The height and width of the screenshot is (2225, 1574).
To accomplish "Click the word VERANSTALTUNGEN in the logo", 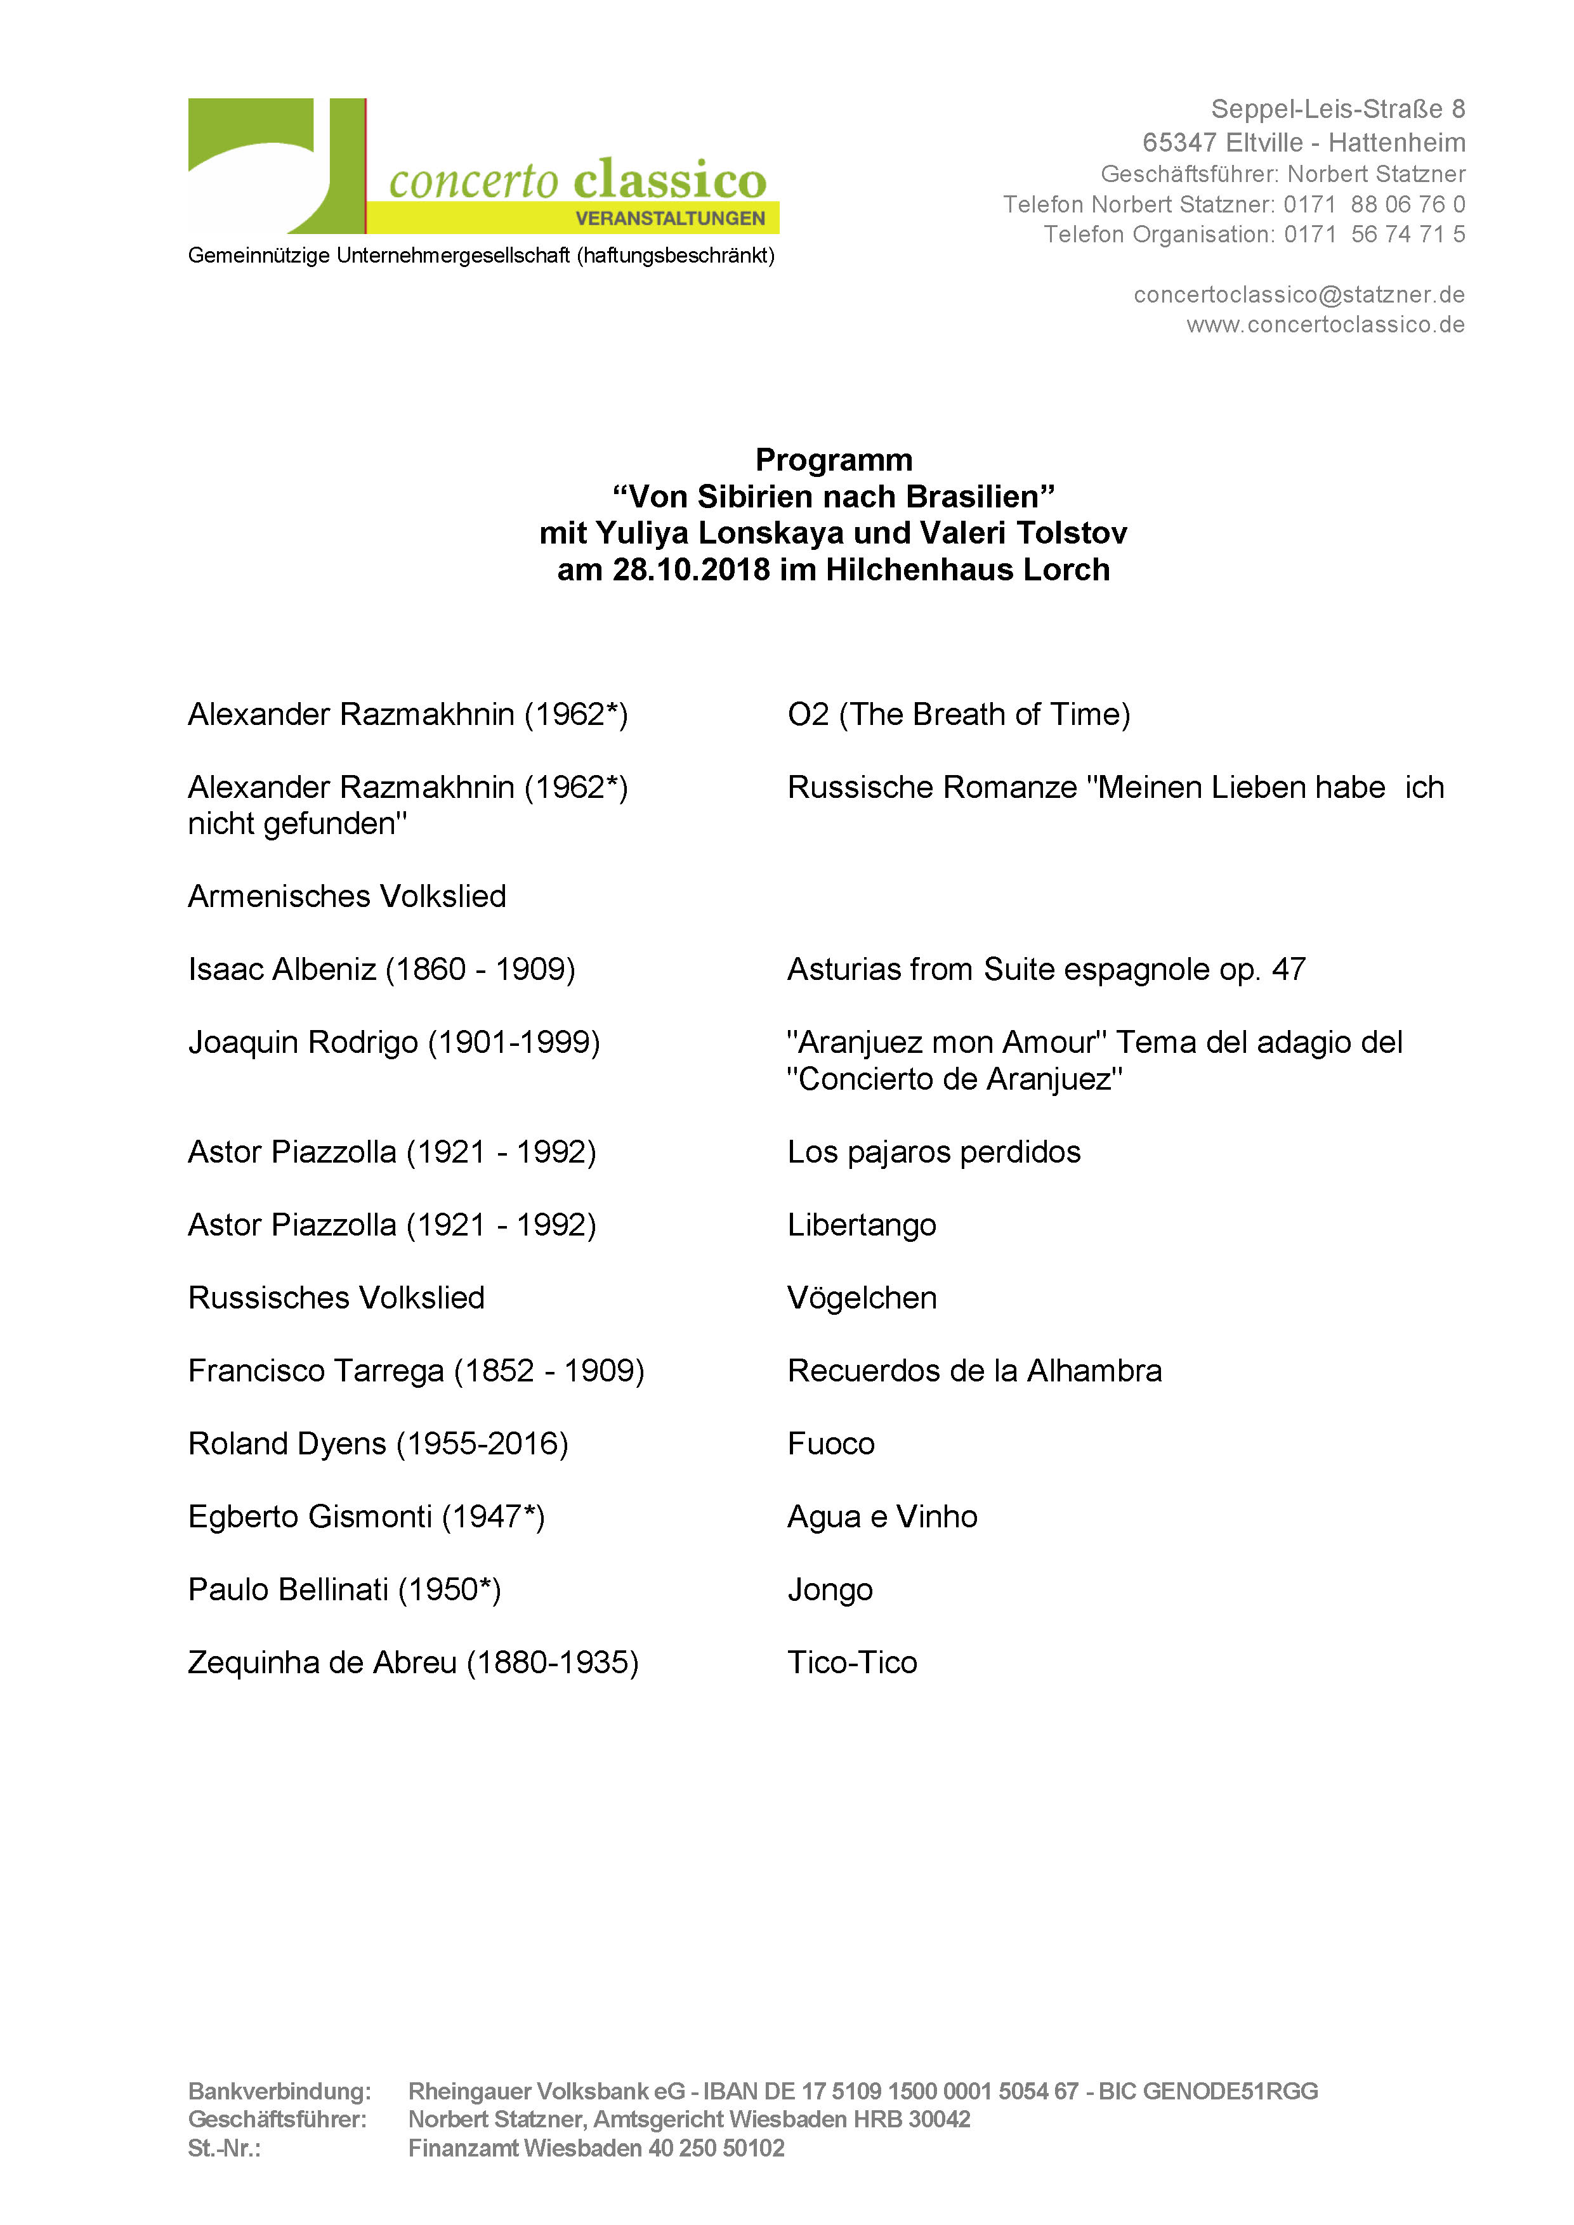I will (670, 218).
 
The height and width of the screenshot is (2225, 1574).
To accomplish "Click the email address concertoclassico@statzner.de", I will (1299, 294).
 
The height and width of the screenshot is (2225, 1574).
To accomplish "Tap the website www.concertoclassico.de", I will (1325, 325).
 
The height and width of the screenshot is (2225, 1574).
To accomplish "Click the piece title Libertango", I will (862, 1225).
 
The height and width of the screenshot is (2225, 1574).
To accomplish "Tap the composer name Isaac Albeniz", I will (281, 969).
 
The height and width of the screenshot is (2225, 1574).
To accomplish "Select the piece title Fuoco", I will (830, 1444).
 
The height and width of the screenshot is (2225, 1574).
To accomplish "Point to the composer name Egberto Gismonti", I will (309, 1517).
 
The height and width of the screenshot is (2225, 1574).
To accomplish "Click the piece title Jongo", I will (830, 1590).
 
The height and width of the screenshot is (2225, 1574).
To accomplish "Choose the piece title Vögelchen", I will (862, 1298).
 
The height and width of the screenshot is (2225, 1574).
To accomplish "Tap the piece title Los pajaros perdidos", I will (933, 1152).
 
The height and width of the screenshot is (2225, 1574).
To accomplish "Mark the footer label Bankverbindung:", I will (279, 2091).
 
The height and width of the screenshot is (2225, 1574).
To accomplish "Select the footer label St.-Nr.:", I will (224, 2148).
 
